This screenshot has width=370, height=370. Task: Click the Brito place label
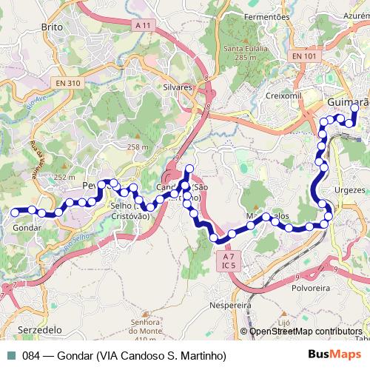point(52,27)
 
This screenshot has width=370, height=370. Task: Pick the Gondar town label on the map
point(27,228)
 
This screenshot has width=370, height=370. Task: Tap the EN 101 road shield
point(303,55)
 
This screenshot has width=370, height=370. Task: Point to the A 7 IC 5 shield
point(227,260)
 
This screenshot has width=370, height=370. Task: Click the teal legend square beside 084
point(12,355)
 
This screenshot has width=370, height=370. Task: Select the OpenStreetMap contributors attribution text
point(305,332)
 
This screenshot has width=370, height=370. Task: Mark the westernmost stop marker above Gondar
point(15,212)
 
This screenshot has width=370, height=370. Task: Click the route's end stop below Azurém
point(354,108)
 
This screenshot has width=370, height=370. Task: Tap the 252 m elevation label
point(65,178)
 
